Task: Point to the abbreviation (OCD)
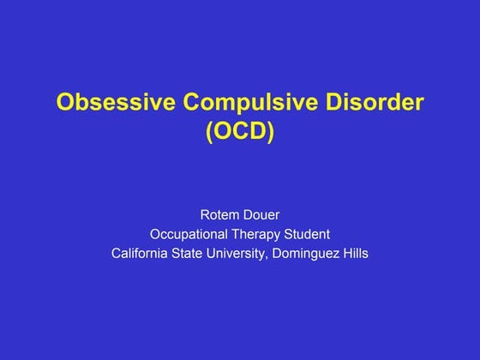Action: tap(240, 133)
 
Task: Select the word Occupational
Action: tap(189, 234)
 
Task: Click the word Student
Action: tap(309, 234)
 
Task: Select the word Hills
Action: tap(354, 254)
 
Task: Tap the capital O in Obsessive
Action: tap(65, 104)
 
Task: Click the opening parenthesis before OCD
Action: tap(208, 134)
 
